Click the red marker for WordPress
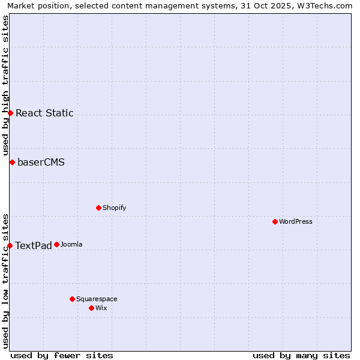click(x=275, y=221)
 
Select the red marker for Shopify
click(x=98, y=208)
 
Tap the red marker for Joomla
click(x=56, y=244)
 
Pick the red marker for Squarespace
click(x=72, y=299)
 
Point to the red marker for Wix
click(x=91, y=308)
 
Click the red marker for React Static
click(x=10, y=113)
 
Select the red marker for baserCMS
click(x=12, y=162)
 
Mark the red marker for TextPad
click(x=10, y=245)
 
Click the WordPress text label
click(x=296, y=221)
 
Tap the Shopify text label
click(x=114, y=208)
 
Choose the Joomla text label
click(x=71, y=244)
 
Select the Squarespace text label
click(x=97, y=299)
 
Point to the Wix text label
click(x=101, y=308)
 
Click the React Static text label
click(x=44, y=113)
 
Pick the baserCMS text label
click(x=41, y=162)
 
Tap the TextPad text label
click(x=34, y=245)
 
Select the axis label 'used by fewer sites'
click(x=62, y=355)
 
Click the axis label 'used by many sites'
click(x=301, y=355)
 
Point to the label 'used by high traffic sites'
click(x=5, y=85)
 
